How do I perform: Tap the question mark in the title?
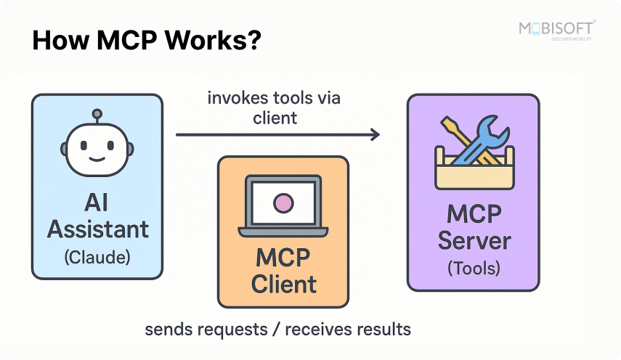pos(252,41)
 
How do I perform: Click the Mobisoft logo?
pos(556,30)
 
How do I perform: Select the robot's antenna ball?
pos(97,115)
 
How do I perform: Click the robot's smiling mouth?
pos(97,156)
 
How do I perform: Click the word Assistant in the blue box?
pos(97,229)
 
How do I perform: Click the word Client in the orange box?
pos(283,284)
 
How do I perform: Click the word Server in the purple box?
pos(474,240)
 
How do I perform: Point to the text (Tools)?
pos(474,268)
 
